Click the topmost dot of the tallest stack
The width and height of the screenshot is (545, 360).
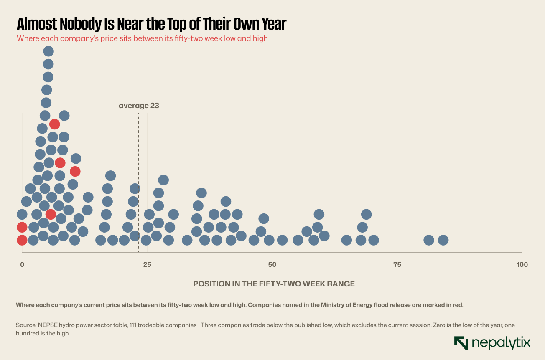point(48,51)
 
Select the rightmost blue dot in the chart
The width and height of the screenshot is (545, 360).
point(443,240)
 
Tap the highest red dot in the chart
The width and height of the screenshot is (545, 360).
point(54,124)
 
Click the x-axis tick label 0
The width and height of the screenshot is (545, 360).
point(22,264)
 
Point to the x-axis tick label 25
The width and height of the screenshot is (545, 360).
point(147,264)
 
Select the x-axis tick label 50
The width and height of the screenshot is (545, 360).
point(272,264)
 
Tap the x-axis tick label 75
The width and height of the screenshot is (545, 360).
point(397,264)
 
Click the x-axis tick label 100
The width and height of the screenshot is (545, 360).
point(522,264)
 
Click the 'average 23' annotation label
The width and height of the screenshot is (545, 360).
point(139,106)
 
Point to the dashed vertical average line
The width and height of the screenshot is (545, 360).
point(139,183)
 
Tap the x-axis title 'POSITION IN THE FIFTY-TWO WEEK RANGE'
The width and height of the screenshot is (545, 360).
point(274,284)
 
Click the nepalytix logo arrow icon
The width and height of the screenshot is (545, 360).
point(461,343)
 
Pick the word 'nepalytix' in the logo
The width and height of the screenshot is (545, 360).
point(501,343)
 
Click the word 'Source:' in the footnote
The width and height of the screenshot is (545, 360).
point(26,325)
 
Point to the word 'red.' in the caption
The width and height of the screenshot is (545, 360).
point(457,305)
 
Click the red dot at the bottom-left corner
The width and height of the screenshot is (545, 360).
point(22,240)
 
